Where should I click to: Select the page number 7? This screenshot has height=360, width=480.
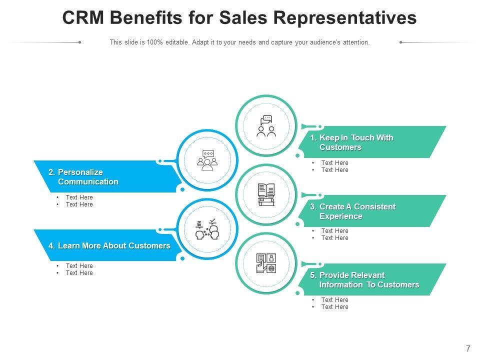[x=468, y=348]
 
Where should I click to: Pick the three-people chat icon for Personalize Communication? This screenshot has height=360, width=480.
[x=207, y=160]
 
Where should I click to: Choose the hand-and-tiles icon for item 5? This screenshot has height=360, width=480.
[x=266, y=263]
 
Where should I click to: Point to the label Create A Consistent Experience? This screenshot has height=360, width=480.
[x=357, y=211]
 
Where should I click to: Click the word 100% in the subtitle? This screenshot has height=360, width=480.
[x=155, y=42]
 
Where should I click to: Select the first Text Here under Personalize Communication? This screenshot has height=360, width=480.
[x=79, y=197]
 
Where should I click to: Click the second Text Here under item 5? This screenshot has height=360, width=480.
[x=334, y=307]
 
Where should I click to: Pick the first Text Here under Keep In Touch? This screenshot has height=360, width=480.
[x=334, y=163]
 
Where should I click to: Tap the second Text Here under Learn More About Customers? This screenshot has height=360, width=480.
[x=79, y=273]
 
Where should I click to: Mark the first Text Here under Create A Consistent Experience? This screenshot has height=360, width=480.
[x=334, y=231]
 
